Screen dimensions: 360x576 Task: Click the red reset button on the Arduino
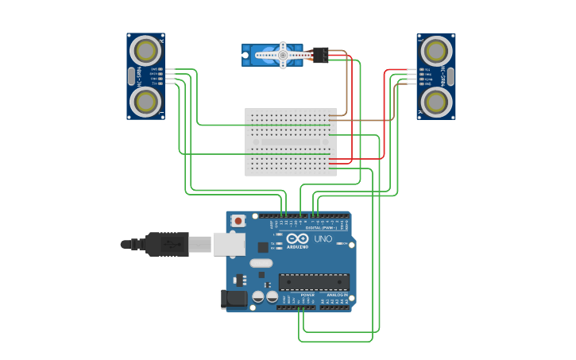pyautogui.click(x=238, y=220)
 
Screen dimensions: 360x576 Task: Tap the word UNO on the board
pyautogui.click(x=323, y=238)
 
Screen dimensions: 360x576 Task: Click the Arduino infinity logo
pyautogui.click(x=298, y=238)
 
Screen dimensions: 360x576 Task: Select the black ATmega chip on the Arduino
pyautogui.click(x=313, y=281)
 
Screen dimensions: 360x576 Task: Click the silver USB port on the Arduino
pyautogui.click(x=230, y=244)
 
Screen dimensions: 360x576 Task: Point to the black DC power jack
pyautogui.click(x=234, y=299)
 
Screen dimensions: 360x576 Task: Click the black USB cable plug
pyautogui.click(x=166, y=244)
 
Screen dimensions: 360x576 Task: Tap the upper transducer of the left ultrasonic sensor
pyautogui.click(x=145, y=50)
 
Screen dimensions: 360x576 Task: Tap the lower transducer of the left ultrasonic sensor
pyautogui.click(x=145, y=101)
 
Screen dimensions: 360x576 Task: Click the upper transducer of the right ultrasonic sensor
pyautogui.click(x=436, y=51)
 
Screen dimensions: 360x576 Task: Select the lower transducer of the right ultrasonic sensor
pyautogui.click(x=436, y=101)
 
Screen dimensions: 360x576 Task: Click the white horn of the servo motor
pyautogui.click(x=282, y=56)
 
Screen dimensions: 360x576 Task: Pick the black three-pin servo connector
pyautogui.click(x=320, y=55)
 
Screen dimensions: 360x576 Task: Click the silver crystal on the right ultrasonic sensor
pyautogui.click(x=450, y=76)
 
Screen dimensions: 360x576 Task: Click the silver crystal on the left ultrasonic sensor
pyautogui.click(x=131, y=76)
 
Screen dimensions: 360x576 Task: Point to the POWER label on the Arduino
pyautogui.click(x=307, y=295)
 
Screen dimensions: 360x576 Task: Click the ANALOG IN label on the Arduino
pyautogui.click(x=337, y=295)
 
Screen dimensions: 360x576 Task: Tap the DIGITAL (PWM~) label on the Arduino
pyautogui.click(x=319, y=227)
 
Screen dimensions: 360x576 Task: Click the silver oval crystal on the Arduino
pyautogui.click(x=261, y=263)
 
